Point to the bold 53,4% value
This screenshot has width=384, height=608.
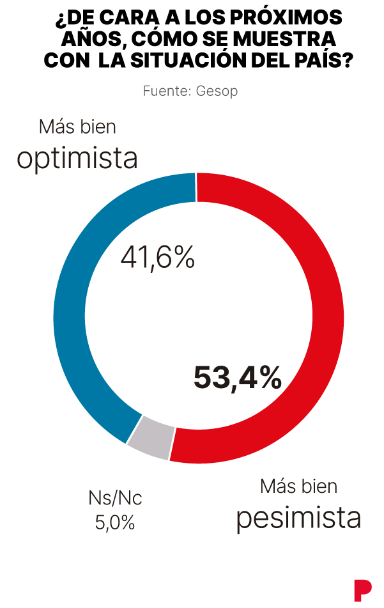click(x=237, y=377)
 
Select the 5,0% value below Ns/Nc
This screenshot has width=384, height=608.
click(x=115, y=522)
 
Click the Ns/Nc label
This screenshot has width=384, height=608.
click(x=114, y=498)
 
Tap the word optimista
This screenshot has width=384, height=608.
click(x=77, y=159)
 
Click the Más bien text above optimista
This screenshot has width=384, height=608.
click(x=77, y=127)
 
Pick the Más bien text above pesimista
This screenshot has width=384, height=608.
click(x=298, y=486)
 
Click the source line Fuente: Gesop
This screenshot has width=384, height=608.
click(x=190, y=91)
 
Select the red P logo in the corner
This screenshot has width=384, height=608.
click(x=362, y=588)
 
